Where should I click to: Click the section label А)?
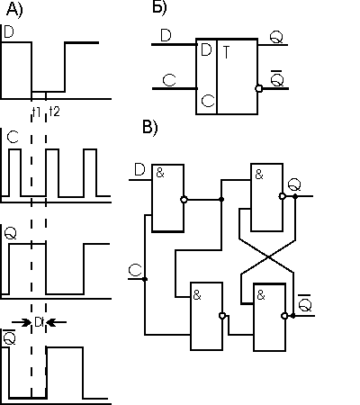pos(14,10)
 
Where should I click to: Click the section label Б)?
pos(159,7)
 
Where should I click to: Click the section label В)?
pos(149,127)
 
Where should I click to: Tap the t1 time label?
pos(36,112)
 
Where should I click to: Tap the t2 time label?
pos(55,112)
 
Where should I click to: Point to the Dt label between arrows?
pos(40,322)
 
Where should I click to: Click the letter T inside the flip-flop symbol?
pos(227,52)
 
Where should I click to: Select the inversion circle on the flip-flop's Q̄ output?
pos(258,89)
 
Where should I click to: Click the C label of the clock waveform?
pos(13,138)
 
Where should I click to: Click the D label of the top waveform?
pos(9,31)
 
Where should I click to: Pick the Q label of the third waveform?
pos(11,233)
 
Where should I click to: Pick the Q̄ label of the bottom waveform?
pos(9,337)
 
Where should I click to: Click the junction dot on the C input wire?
pos(145,279)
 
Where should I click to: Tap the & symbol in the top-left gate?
pos(160,173)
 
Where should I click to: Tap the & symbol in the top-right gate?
pos(259,175)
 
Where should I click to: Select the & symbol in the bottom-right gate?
pos(261,295)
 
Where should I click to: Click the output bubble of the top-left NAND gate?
pos(184,200)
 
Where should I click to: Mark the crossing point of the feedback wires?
pos(269,256)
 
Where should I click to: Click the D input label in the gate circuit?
pos(139,170)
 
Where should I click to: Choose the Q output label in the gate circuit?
pos(294,184)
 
